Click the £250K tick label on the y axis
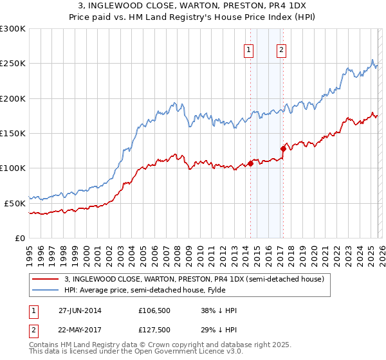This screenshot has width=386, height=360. click(12, 64)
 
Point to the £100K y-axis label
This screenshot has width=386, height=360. click(12, 168)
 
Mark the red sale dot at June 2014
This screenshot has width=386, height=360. click(250, 163)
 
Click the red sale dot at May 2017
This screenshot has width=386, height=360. click(283, 148)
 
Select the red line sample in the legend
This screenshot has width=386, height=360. click(46, 279)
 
